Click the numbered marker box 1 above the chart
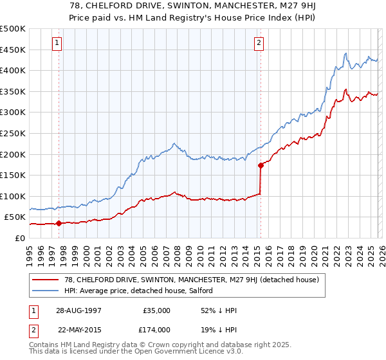point(57,43)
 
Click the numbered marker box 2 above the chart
point(259,43)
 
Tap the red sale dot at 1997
point(59,224)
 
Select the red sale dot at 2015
point(261,165)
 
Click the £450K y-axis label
point(13,50)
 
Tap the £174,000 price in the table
point(156,328)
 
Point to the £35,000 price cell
point(156,310)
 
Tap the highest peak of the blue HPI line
point(346,53)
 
